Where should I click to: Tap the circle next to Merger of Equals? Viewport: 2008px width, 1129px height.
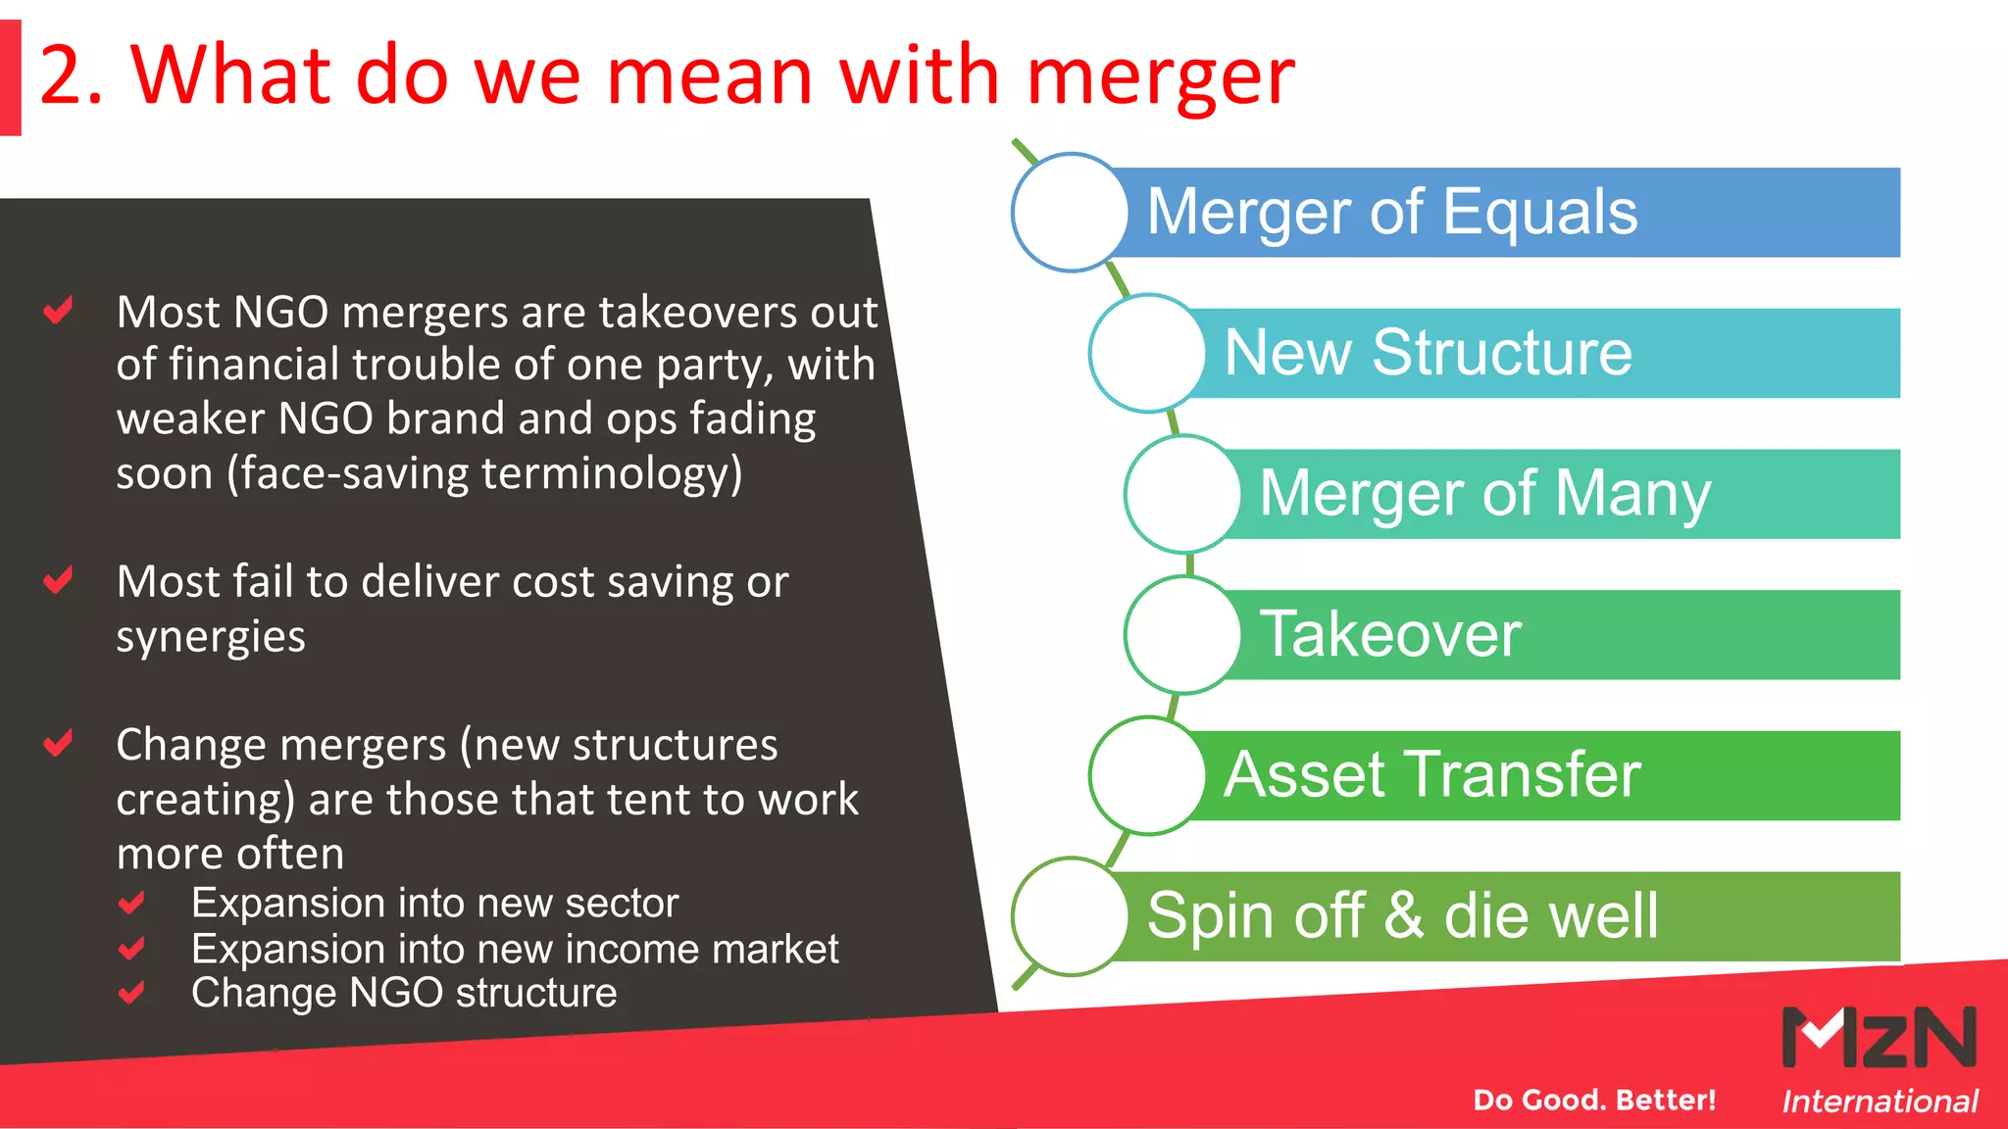click(x=1071, y=212)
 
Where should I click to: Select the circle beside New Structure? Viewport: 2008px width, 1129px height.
click(x=1148, y=353)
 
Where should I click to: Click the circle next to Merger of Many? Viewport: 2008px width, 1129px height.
click(x=1183, y=494)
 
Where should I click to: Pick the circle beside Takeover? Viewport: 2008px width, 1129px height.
click(x=1183, y=634)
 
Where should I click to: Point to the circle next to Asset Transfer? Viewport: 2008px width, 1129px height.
click(x=1148, y=775)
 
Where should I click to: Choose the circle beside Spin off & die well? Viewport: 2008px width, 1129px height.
click(x=1071, y=916)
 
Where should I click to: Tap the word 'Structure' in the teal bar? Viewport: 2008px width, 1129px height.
click(x=1502, y=353)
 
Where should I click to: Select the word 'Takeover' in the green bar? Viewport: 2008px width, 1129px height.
click(x=1390, y=634)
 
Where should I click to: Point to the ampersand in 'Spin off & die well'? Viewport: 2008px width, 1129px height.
click(x=1403, y=915)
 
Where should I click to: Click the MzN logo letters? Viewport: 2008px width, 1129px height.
click(x=1879, y=1037)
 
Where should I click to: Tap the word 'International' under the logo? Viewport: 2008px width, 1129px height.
click(x=1880, y=1102)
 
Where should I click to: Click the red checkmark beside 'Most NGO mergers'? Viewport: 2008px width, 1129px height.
click(x=59, y=311)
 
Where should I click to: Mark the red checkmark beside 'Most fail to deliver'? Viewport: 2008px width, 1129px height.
click(x=59, y=580)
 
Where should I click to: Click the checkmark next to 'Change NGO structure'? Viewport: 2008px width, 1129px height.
click(x=131, y=993)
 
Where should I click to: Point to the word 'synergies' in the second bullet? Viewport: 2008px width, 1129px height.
click(x=211, y=637)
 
